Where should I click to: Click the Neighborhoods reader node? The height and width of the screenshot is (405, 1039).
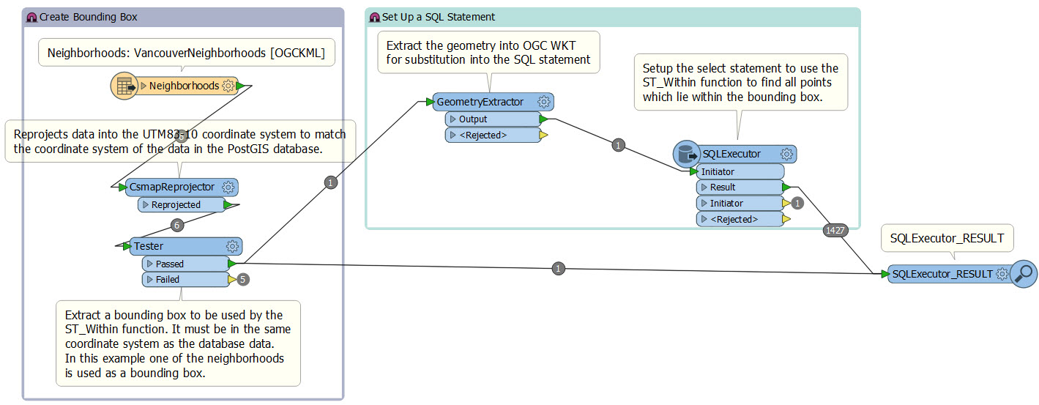tap(183, 86)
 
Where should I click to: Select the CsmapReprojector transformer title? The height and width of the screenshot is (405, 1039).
tap(171, 187)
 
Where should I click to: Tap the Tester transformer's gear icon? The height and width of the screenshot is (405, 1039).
tap(233, 246)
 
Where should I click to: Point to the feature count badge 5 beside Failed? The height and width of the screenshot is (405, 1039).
tap(244, 279)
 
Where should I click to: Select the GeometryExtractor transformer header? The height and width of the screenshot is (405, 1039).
tap(480, 102)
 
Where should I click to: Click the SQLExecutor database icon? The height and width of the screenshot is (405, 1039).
tap(686, 155)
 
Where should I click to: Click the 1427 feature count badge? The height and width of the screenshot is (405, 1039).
tap(835, 230)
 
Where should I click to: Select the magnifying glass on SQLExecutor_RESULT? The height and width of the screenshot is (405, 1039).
tap(1024, 274)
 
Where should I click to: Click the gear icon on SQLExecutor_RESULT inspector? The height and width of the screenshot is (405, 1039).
tap(1002, 274)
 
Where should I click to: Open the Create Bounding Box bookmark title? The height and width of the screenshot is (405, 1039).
tap(88, 17)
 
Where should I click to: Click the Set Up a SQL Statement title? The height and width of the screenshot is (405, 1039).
tap(438, 17)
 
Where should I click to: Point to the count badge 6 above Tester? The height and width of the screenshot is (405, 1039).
tap(176, 225)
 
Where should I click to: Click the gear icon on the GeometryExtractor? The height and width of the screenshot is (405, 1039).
tap(543, 102)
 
